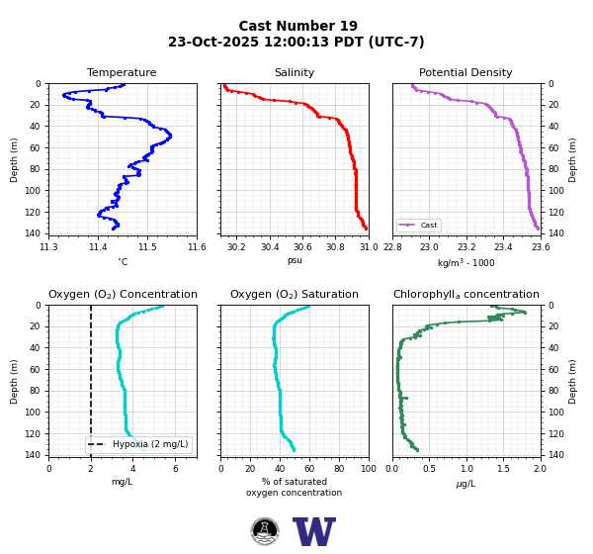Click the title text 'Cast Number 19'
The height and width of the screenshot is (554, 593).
point(298,26)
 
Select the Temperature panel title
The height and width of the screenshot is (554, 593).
point(122,72)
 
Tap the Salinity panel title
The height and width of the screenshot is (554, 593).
point(295,72)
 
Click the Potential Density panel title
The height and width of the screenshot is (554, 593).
point(466,72)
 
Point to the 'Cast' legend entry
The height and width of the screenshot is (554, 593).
point(419,225)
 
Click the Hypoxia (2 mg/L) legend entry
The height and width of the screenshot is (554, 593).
point(138,444)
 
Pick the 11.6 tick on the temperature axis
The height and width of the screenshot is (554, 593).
point(197,247)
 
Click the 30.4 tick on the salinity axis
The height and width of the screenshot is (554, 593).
point(270,247)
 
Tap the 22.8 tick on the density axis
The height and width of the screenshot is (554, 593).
point(392,247)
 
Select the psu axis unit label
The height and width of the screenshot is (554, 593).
point(295,260)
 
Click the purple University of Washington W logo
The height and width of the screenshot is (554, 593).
point(314,531)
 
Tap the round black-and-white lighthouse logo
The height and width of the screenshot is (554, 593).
point(265,531)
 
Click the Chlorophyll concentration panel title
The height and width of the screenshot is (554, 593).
point(466,294)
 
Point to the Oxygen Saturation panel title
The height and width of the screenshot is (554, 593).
point(295,294)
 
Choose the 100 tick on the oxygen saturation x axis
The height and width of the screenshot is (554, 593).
point(369,469)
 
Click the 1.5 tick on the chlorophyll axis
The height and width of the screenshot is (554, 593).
point(503,469)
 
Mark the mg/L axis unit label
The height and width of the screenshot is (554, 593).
point(123,482)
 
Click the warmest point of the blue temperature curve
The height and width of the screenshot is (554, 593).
point(170,136)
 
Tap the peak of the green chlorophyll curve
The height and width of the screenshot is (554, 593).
point(525,313)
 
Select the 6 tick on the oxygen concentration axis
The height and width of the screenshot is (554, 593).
point(176,469)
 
